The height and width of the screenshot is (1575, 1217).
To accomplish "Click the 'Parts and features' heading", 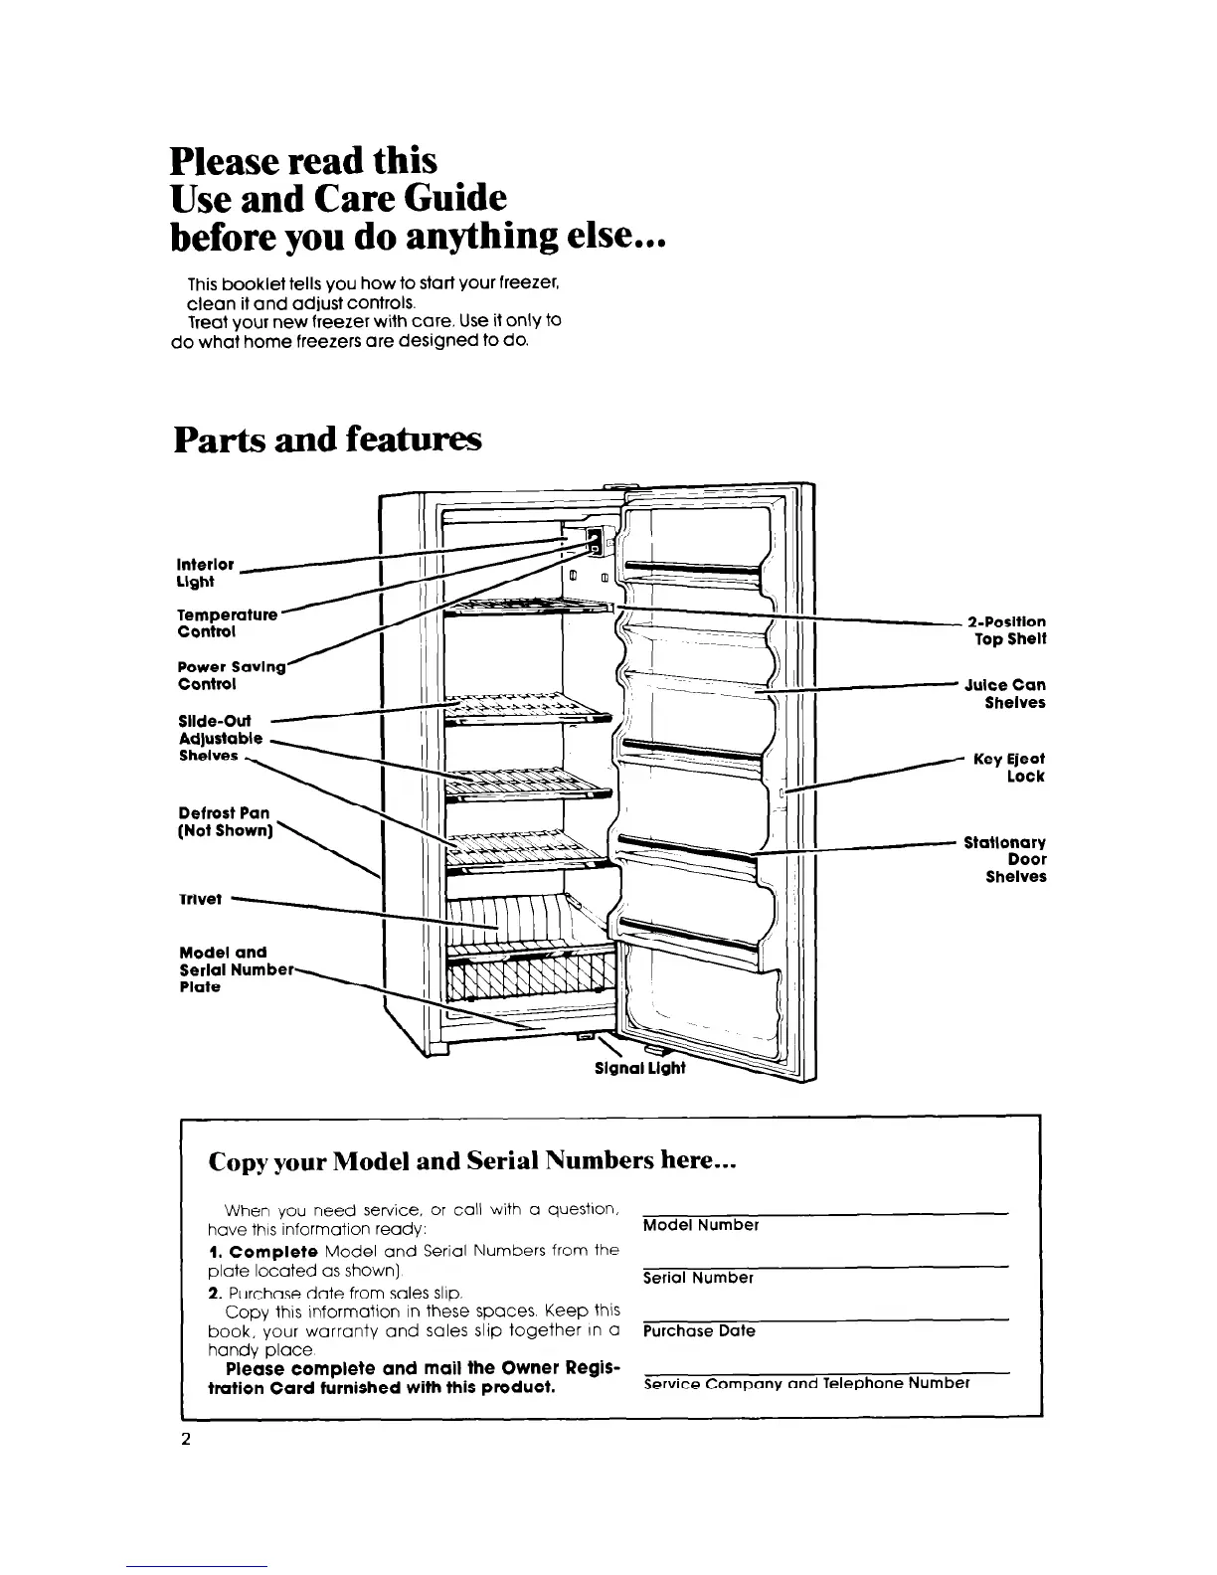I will pyautogui.click(x=327, y=438).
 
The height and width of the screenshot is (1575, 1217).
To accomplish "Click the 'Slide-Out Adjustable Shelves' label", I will pyautogui.click(x=221, y=738).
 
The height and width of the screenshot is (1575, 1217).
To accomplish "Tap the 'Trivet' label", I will pyautogui.click(x=200, y=898).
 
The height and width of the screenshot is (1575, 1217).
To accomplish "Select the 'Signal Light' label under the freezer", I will pyautogui.click(x=639, y=1070).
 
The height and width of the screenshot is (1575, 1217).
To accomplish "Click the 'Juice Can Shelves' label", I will pyautogui.click(x=1004, y=693).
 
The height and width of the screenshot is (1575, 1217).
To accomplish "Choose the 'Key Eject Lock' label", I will pyautogui.click(x=1009, y=767).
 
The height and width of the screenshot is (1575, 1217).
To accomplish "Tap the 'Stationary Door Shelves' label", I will pyautogui.click(x=1005, y=859).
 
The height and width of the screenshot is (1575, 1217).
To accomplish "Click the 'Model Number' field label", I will pyautogui.click(x=701, y=1225).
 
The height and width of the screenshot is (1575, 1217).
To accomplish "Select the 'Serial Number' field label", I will pyautogui.click(x=698, y=1278).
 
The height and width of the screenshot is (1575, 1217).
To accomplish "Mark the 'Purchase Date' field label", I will pyautogui.click(x=699, y=1330).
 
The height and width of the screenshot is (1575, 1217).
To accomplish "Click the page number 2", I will pyautogui.click(x=186, y=1441).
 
